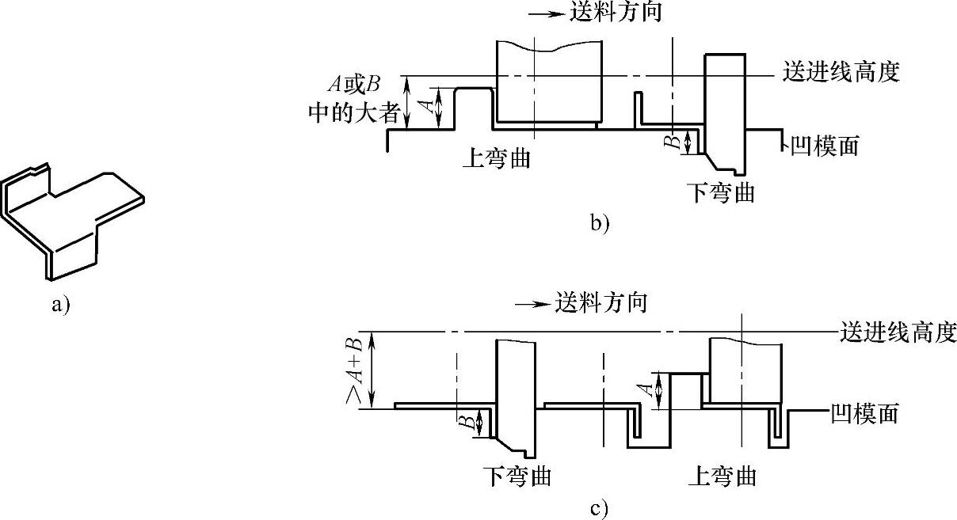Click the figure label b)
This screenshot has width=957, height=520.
[600, 224]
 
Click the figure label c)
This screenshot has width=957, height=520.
[600, 507]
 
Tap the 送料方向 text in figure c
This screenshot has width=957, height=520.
[601, 302]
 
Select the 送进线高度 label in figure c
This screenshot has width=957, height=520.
[898, 331]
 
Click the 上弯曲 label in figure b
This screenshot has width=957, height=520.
[496, 158]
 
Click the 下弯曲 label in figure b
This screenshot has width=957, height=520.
[721, 192]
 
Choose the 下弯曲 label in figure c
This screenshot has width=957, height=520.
[517, 476]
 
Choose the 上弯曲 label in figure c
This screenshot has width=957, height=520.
[722, 476]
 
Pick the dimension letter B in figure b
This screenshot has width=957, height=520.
[670, 142]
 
